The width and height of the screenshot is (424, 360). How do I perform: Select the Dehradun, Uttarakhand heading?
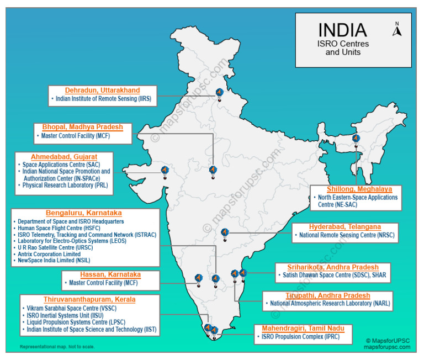tap(102, 91)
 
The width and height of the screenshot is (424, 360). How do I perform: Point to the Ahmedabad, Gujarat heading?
tap(64, 157)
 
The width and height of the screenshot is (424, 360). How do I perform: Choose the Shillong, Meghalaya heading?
tap(356, 189)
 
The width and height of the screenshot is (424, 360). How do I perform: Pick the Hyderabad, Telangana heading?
tap(344, 227)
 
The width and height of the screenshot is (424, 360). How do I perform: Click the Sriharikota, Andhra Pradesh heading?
tap(333, 267)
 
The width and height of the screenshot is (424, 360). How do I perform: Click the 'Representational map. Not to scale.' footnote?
tap(57, 347)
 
